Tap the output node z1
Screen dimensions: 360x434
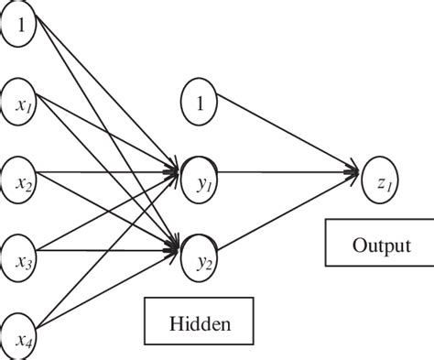click(x=382, y=172)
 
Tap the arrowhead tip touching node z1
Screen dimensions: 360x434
click(x=360, y=170)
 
